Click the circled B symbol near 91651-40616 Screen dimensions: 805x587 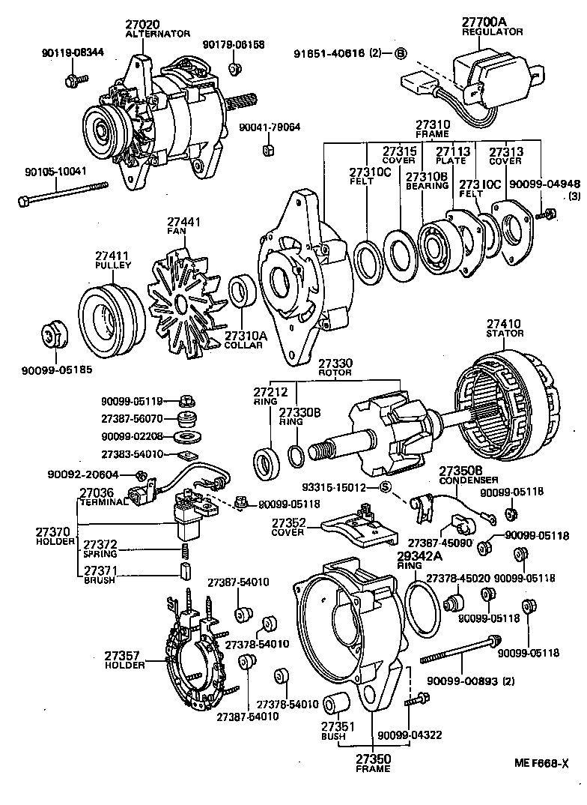tap(401, 53)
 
